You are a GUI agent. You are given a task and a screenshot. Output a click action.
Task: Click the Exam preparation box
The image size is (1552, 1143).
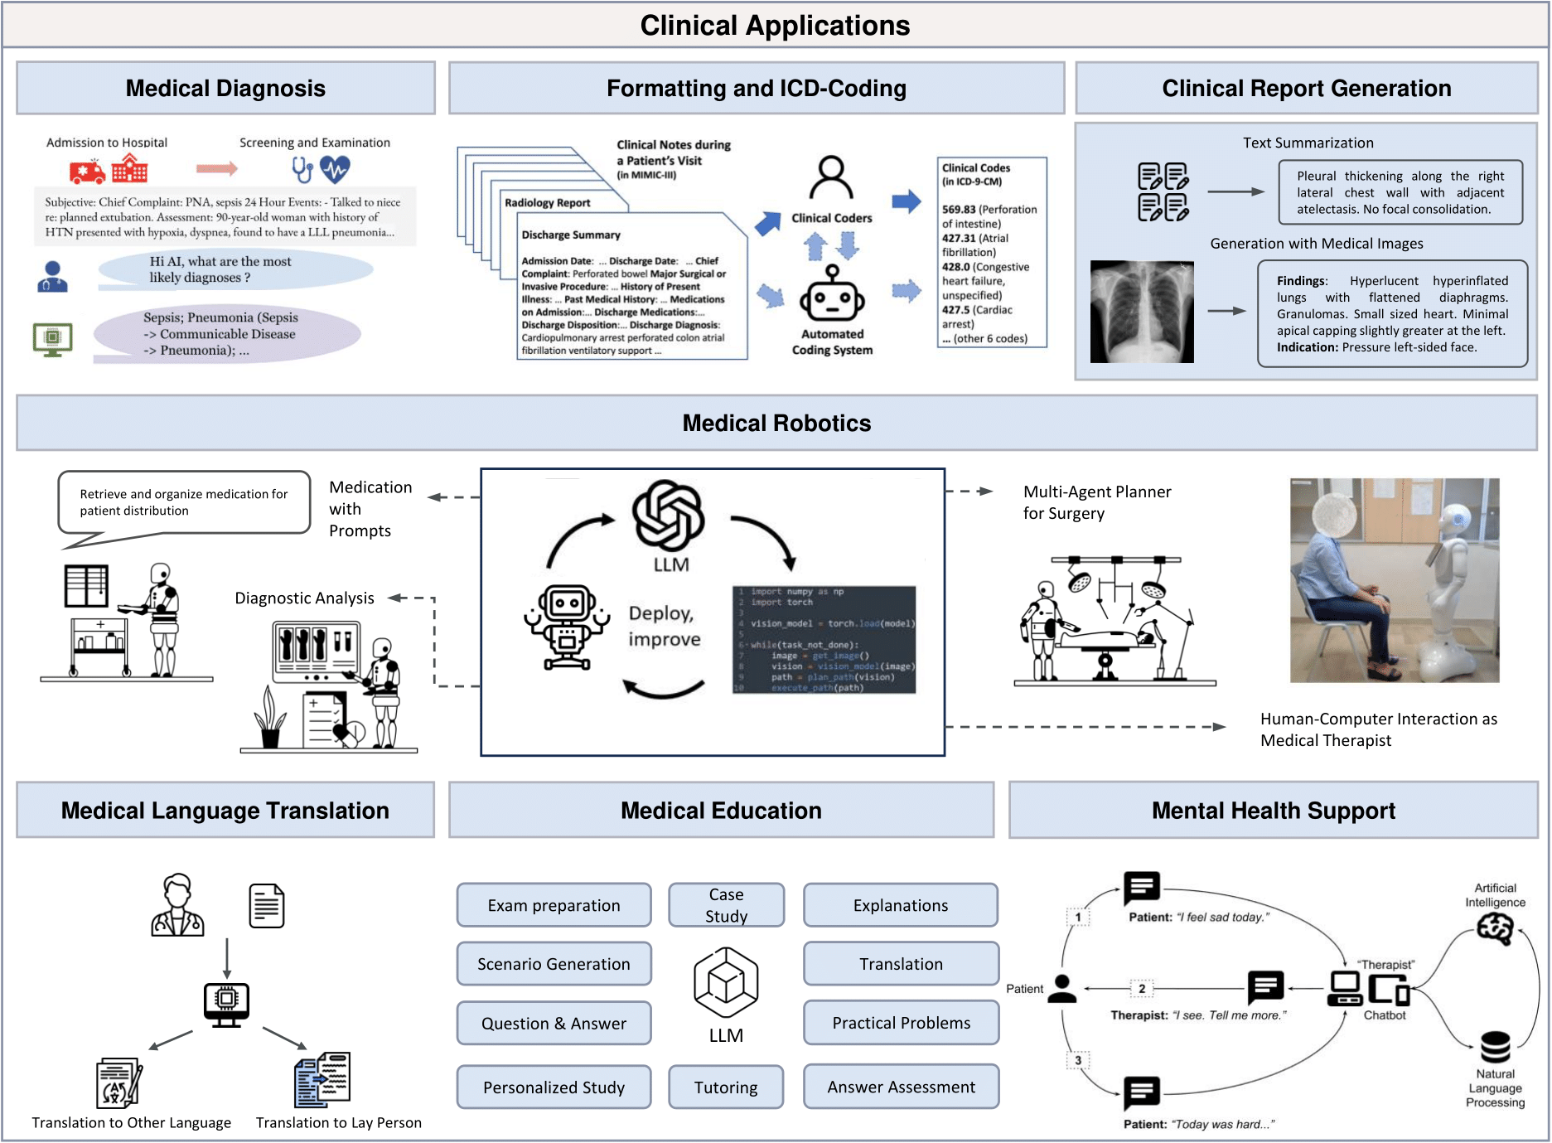point(554,905)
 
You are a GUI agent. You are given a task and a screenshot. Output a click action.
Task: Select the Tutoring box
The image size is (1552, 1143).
point(726,1087)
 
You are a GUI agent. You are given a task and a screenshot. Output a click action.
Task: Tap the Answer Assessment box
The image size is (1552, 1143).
point(901,1087)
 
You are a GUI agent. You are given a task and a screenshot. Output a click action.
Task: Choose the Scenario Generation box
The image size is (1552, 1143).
point(554,964)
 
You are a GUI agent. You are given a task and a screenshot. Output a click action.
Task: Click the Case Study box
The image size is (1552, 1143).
point(726,905)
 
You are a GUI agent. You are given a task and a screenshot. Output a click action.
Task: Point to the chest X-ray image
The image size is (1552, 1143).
point(1142,312)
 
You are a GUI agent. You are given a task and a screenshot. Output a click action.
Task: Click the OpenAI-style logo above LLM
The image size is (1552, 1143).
point(668,515)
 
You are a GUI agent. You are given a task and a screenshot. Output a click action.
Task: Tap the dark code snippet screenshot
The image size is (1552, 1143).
point(824,639)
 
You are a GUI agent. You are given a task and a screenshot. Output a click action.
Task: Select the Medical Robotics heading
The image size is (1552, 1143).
point(776,424)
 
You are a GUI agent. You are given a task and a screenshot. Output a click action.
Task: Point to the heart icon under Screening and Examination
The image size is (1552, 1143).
point(336,169)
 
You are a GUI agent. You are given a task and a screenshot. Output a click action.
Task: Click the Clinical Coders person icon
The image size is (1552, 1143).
point(831,177)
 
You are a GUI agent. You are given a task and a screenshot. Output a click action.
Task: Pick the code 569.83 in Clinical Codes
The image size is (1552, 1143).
point(959,210)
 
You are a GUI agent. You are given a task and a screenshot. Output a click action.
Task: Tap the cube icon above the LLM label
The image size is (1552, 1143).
point(726,983)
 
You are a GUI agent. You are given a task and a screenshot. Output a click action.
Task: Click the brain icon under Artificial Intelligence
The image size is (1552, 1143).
point(1495,929)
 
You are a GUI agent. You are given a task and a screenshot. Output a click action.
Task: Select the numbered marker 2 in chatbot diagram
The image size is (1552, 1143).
point(1142,989)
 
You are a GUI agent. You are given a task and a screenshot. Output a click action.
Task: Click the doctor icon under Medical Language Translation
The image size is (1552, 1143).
point(177,905)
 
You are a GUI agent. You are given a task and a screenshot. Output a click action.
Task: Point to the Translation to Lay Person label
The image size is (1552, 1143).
point(338,1123)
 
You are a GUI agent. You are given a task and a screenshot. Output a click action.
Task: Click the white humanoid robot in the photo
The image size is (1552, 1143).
point(1453,580)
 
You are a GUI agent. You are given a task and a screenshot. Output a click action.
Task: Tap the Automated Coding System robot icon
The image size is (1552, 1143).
point(832,295)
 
